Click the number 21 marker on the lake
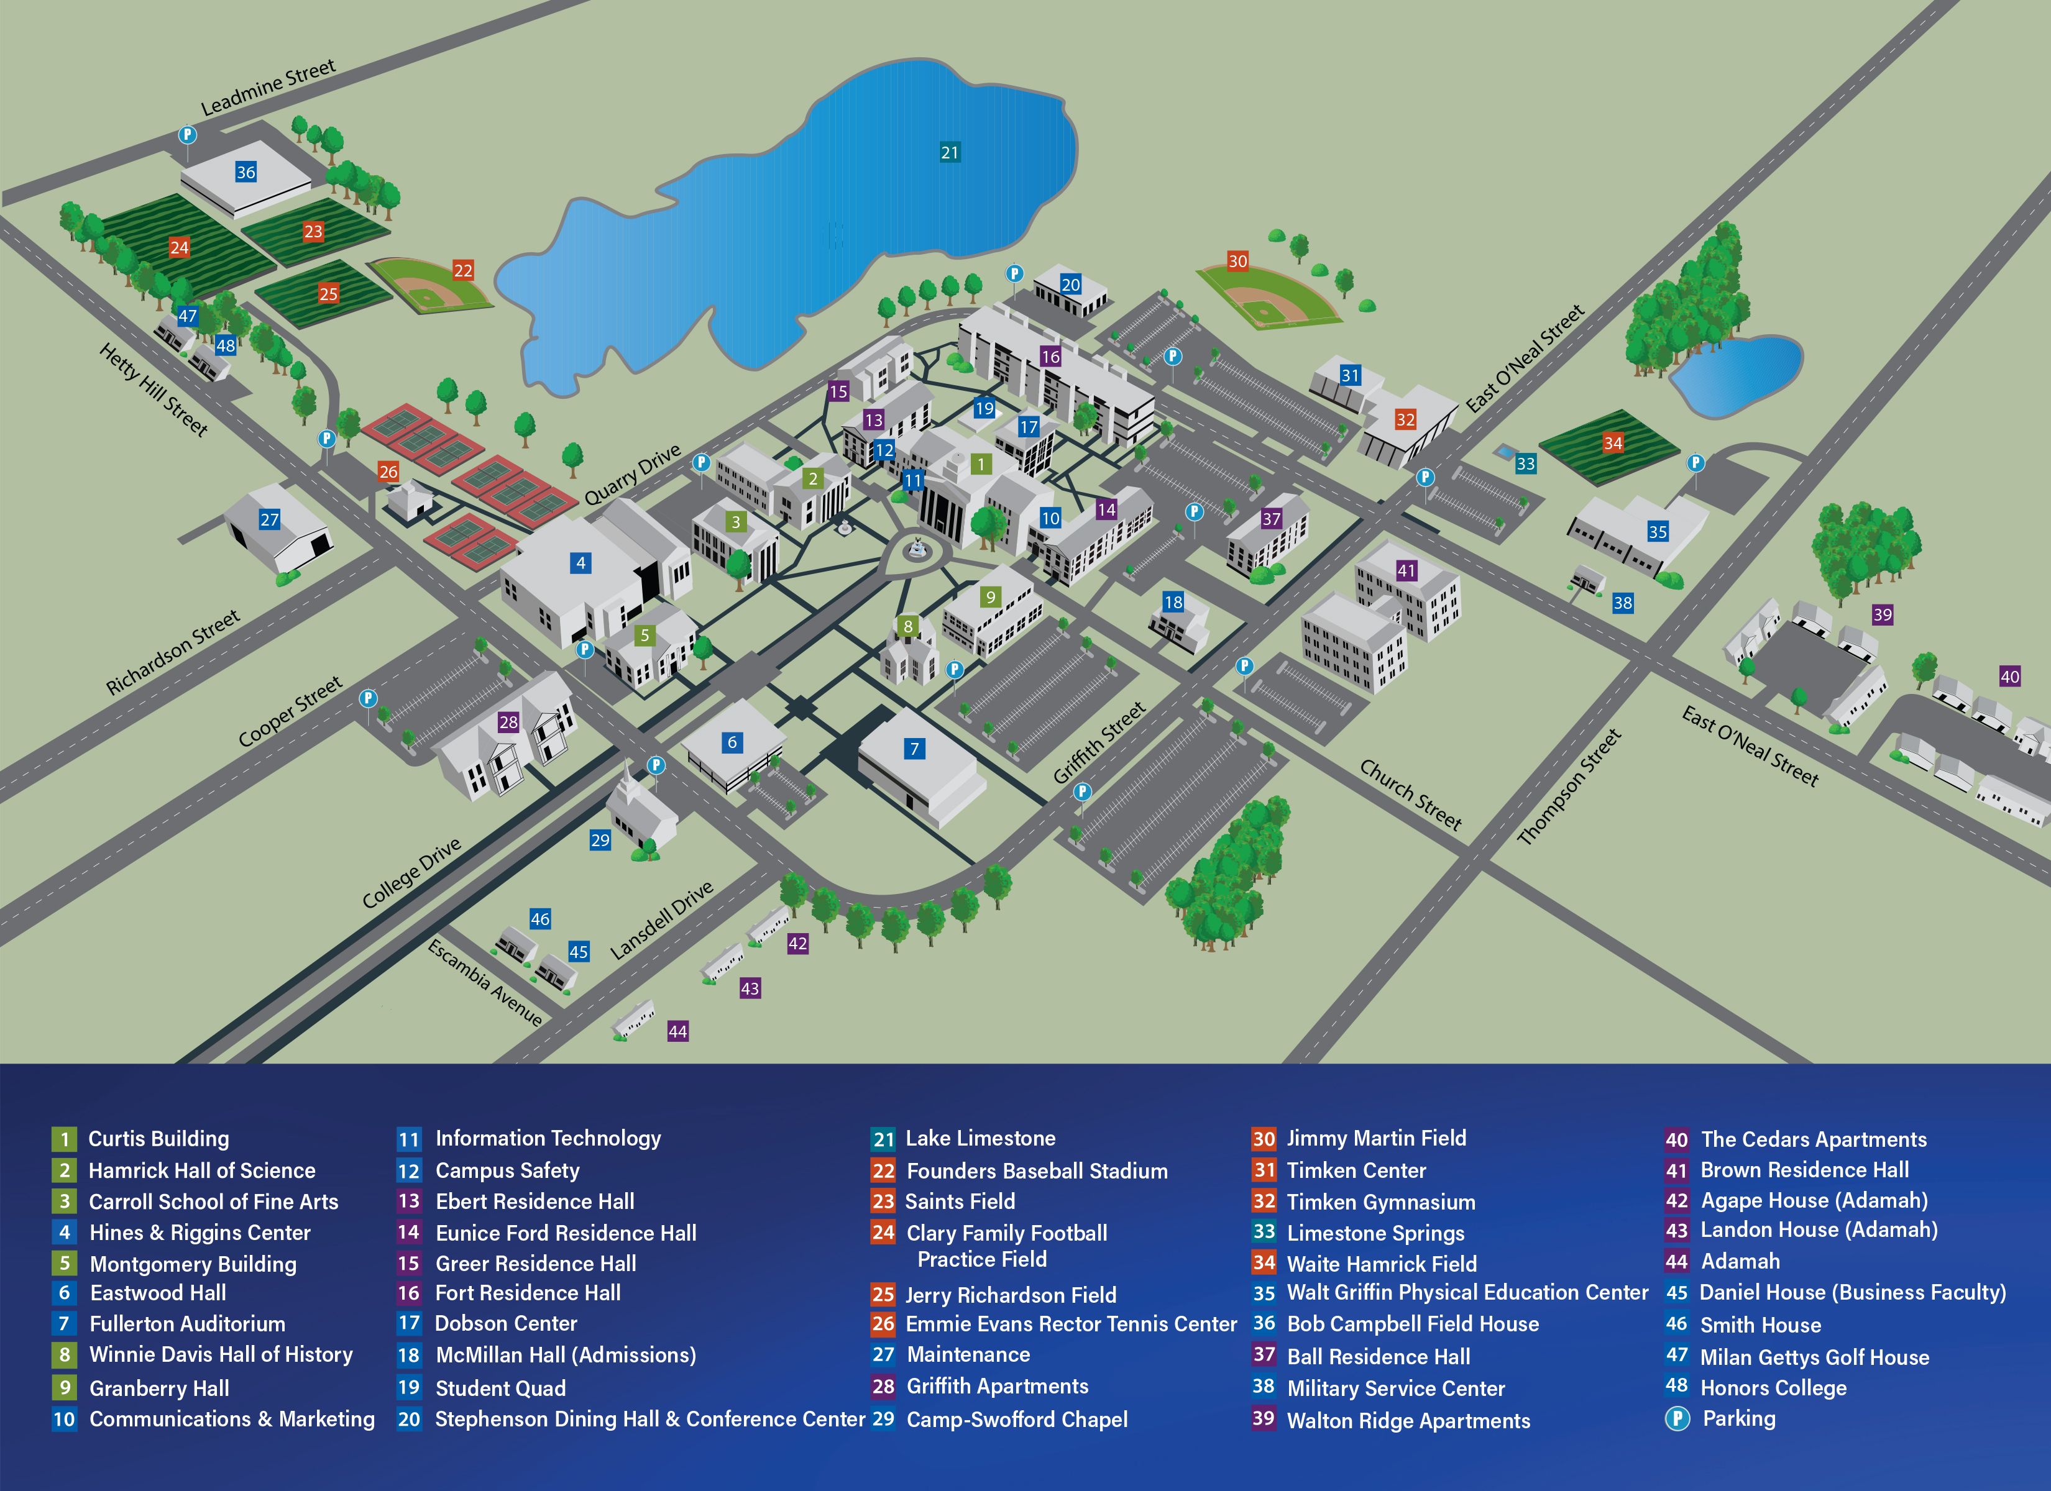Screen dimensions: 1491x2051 click(x=950, y=152)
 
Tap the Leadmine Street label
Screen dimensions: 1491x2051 click(x=268, y=88)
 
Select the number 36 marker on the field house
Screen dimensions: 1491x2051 click(x=246, y=172)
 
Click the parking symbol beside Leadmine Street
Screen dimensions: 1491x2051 click(x=187, y=135)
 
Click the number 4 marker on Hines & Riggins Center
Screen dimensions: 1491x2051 click(x=580, y=562)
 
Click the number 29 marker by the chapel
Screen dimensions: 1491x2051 click(x=600, y=840)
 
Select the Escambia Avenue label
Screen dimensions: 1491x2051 click(x=485, y=983)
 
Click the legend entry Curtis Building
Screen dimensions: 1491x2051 click(x=158, y=1138)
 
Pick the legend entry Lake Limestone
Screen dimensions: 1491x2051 click(x=980, y=1138)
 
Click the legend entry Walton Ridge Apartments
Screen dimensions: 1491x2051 click(x=1408, y=1420)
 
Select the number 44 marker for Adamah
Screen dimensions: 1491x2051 click(x=677, y=1031)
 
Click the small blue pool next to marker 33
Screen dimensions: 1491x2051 click(x=1503, y=450)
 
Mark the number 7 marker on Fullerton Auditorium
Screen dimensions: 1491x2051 click(x=914, y=749)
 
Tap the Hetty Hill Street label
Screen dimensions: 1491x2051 click(x=154, y=390)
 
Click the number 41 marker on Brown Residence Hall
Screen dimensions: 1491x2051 click(x=1406, y=570)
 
